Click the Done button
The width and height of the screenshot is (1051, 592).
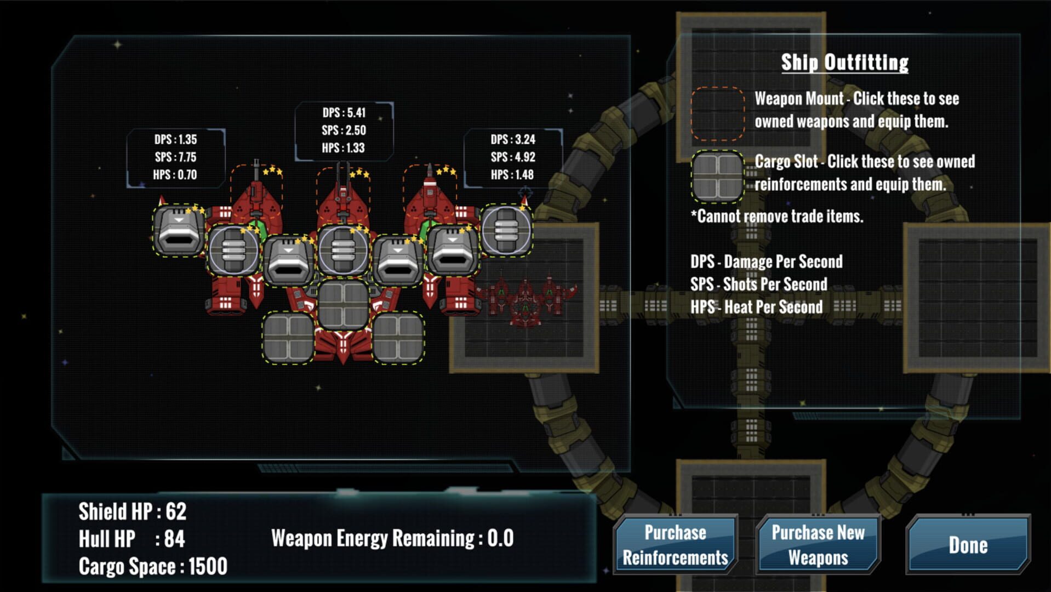(968, 545)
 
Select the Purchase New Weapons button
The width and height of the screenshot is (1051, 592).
(818, 545)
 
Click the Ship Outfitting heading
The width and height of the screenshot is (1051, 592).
(844, 62)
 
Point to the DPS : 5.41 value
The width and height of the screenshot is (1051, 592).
(344, 113)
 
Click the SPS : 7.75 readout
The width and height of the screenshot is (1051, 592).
(175, 157)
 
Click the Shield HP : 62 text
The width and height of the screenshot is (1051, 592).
(133, 511)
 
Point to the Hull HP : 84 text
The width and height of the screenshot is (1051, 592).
(132, 539)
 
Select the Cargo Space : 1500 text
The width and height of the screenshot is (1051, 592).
(153, 566)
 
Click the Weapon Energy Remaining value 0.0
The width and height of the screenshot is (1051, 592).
(500, 538)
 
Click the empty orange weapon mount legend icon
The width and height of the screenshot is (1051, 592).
(717, 113)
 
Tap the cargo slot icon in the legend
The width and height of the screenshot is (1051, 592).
(717, 177)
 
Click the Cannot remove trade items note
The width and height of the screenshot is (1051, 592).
(776, 217)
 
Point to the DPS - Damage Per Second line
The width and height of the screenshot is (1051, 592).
(766, 262)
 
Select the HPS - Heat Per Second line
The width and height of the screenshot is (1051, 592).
(756, 307)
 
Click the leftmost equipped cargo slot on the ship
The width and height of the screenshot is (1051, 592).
(179, 230)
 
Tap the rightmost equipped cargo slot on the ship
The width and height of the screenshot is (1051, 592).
(506, 230)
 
